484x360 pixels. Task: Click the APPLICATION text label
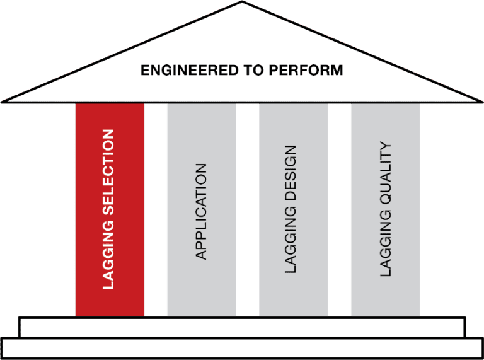click(x=201, y=211)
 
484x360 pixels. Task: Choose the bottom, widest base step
click(x=242, y=348)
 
